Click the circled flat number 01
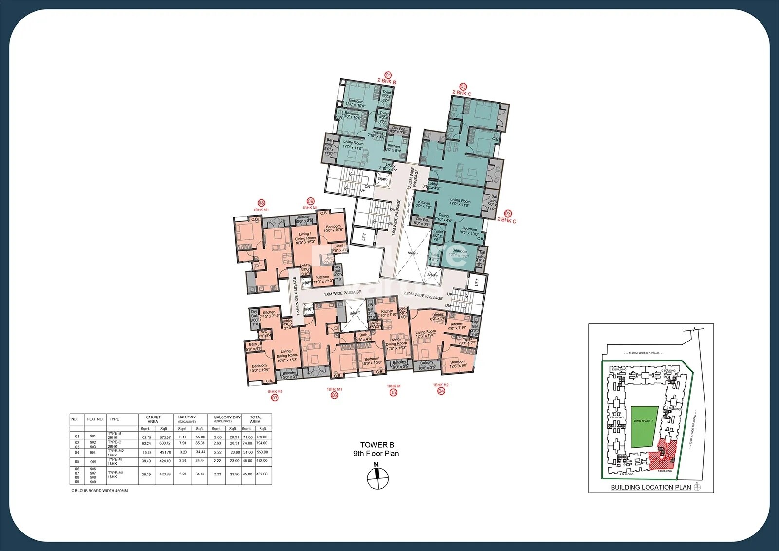(x=388, y=75)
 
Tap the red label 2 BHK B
(x=387, y=82)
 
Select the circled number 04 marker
(x=441, y=391)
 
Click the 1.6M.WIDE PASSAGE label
(x=343, y=293)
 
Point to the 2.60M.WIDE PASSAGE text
(x=423, y=296)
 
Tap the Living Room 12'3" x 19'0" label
(x=426, y=333)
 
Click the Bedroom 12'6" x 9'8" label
(x=458, y=363)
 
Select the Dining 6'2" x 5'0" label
(x=438, y=317)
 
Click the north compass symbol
(x=377, y=478)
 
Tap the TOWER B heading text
(x=377, y=445)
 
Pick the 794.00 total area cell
(x=262, y=443)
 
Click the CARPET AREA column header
(x=153, y=419)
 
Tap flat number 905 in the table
(x=93, y=462)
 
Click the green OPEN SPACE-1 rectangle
(x=644, y=427)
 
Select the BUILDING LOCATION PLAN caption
(x=650, y=487)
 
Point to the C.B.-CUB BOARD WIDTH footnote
(x=100, y=491)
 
